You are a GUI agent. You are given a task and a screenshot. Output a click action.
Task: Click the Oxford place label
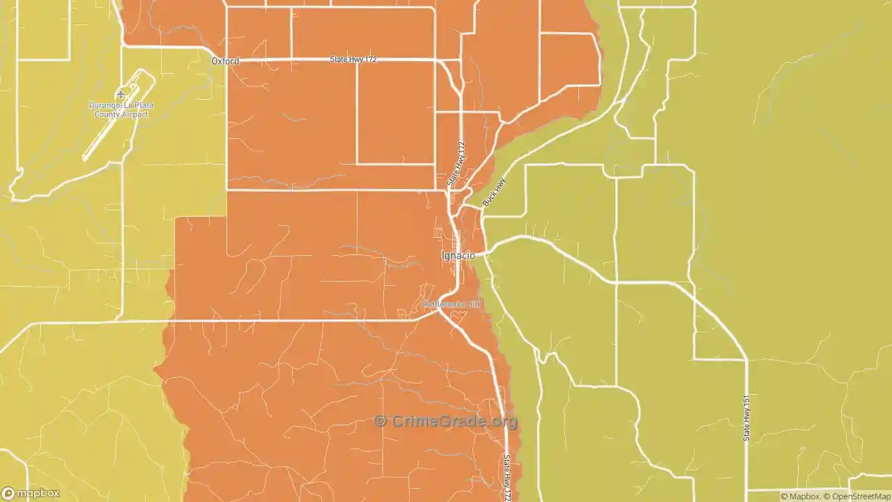coord(225,61)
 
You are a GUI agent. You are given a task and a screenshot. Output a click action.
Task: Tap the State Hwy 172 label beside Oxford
coord(353,60)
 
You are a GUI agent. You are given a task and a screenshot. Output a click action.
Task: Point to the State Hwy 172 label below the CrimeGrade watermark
coord(508,478)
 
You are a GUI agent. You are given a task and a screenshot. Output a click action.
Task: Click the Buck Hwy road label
coord(494,192)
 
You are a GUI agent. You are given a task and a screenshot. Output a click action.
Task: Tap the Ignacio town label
coord(459,256)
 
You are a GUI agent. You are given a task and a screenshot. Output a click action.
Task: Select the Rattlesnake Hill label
coord(451,305)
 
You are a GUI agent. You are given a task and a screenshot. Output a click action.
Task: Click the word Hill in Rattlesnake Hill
coord(472,305)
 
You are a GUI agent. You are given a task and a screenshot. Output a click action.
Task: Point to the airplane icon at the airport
coord(121,94)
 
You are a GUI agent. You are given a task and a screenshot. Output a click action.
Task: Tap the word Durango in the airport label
coord(105,105)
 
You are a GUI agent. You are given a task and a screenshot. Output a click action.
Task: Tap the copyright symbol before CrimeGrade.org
coord(380,421)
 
